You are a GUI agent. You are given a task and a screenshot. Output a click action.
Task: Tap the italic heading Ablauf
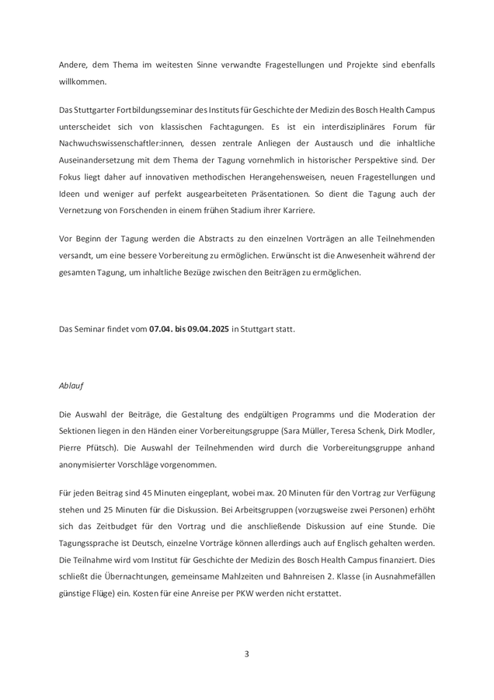71,385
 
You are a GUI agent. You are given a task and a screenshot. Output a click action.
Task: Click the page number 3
247,653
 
